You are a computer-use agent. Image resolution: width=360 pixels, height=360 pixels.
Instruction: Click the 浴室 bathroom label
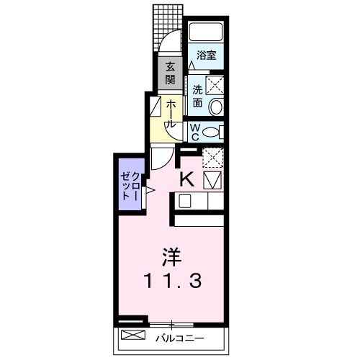(206, 55)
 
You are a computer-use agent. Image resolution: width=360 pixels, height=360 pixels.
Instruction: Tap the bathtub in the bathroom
(206, 32)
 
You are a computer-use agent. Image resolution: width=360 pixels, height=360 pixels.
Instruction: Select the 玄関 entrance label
(170, 73)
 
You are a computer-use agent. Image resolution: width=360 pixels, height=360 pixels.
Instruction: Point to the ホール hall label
(170, 114)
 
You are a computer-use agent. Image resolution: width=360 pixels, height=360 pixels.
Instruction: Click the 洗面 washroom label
(197, 96)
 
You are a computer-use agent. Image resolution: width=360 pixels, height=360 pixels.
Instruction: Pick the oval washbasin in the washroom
(217, 107)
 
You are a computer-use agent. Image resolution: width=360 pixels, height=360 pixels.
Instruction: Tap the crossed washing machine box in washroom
(215, 85)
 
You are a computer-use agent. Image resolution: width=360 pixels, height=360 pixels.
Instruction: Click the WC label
(194, 132)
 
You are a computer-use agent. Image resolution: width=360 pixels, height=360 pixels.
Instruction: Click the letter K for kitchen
(187, 180)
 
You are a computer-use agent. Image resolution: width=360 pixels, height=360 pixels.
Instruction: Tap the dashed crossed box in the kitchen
(213, 158)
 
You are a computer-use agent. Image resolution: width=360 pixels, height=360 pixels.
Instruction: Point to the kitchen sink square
(185, 201)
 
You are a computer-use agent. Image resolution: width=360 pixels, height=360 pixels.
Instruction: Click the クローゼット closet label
(130, 186)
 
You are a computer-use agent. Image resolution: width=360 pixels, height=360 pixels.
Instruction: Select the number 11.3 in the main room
(172, 281)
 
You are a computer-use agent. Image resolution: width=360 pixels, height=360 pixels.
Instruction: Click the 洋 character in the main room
(171, 257)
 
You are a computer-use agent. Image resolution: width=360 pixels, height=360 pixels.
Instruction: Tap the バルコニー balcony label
(180, 338)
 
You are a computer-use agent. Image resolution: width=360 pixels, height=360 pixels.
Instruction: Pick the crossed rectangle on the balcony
(133, 335)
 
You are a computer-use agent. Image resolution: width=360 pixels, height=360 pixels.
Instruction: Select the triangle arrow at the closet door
(150, 190)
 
